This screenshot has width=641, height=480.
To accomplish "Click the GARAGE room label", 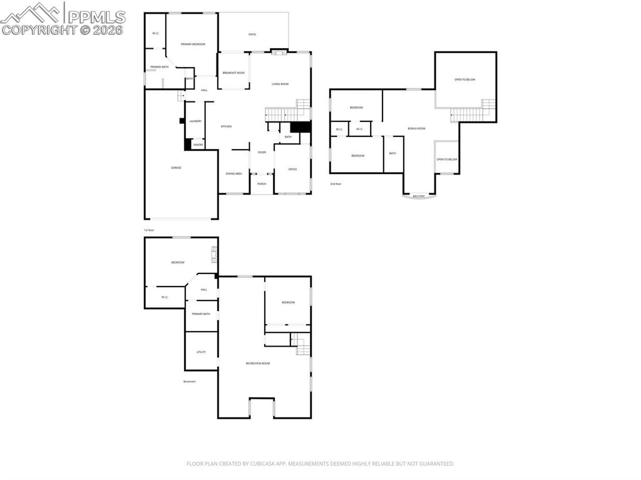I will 177,168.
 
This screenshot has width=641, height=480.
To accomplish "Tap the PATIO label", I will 252,34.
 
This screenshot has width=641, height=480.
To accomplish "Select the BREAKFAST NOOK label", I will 233,73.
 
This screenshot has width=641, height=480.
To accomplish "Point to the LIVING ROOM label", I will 280,84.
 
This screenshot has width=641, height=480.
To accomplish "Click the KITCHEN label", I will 226,126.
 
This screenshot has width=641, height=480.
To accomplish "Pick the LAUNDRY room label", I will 195,121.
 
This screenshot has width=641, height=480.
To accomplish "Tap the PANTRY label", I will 198,145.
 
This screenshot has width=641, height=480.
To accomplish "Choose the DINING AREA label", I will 233,173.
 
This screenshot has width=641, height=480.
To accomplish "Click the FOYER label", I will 262,152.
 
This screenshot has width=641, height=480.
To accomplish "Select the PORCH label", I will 262,184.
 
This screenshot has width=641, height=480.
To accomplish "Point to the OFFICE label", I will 292,170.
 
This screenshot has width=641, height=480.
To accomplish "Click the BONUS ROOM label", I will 416,128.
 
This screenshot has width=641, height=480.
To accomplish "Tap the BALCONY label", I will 419,197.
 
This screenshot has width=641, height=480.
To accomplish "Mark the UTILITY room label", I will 201,352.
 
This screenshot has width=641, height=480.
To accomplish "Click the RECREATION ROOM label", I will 257,363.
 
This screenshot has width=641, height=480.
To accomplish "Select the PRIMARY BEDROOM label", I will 193,44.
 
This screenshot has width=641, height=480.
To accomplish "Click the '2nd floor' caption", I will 336,184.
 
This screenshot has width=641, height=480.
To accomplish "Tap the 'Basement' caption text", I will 189,381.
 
